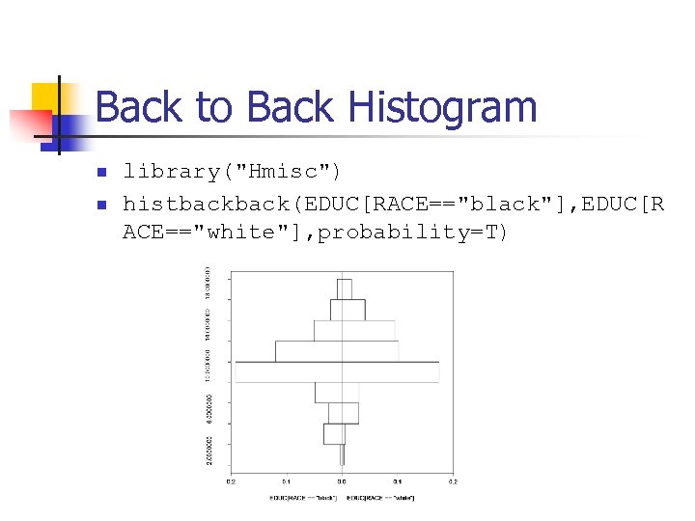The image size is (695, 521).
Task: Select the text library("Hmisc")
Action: pyautogui.click(x=232, y=172)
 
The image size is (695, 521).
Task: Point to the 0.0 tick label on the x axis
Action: pyautogui.click(x=342, y=481)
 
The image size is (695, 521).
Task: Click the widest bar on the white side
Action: pyautogui.click(x=390, y=371)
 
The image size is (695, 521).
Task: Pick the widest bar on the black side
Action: pyautogui.click(x=289, y=371)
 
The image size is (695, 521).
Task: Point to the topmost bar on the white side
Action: pyautogui.click(x=347, y=288)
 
